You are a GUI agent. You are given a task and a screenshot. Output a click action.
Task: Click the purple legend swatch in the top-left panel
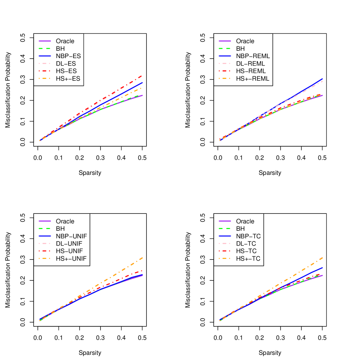tap(45, 41)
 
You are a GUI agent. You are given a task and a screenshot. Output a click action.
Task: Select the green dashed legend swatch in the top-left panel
tap(45, 48)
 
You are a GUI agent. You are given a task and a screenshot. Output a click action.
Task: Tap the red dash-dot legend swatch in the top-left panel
tap(45, 71)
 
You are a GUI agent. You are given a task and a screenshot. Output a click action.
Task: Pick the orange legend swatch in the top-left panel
tap(45, 79)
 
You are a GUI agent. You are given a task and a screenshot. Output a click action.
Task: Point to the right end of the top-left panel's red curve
tap(143, 75)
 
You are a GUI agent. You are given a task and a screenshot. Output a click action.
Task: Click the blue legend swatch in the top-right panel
tap(225, 56)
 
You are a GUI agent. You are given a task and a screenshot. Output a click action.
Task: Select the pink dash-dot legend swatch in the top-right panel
tap(225, 63)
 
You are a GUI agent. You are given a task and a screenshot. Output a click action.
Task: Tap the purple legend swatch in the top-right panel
tap(225, 41)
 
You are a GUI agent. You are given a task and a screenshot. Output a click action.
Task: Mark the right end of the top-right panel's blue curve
tap(323, 79)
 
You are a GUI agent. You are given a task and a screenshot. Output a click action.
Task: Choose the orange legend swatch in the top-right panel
tap(225, 79)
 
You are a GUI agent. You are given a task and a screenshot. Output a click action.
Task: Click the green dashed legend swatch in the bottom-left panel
tap(45, 228)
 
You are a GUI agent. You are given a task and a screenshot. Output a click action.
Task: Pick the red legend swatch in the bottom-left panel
tap(45, 251)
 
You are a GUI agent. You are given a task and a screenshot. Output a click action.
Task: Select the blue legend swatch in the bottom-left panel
tap(45, 236)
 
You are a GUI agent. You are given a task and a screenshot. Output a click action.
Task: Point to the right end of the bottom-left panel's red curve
tap(143, 270)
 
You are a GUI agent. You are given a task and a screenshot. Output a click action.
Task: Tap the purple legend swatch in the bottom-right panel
tap(225, 221)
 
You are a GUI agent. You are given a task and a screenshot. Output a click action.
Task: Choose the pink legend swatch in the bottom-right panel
tap(225, 243)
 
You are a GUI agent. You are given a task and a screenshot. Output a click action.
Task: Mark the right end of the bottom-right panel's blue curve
tap(323, 268)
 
